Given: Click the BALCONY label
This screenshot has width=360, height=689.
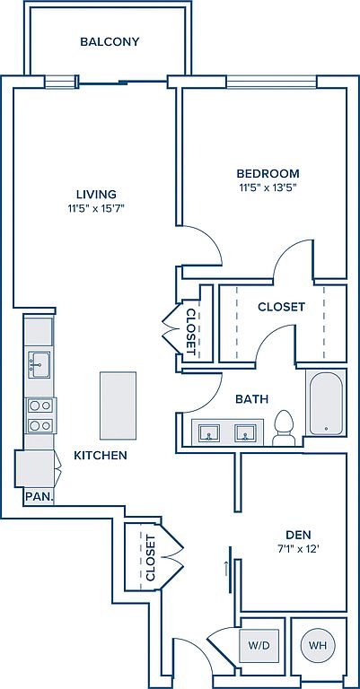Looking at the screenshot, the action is pyautogui.click(x=110, y=42).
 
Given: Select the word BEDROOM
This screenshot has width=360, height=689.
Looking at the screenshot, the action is pyautogui.click(x=268, y=173).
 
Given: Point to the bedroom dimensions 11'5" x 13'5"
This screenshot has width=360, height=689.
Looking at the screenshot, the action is pyautogui.click(x=268, y=188).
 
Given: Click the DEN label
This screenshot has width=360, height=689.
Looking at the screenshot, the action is pyautogui.click(x=298, y=535).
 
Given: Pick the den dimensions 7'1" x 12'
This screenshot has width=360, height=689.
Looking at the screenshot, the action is pyautogui.click(x=298, y=549).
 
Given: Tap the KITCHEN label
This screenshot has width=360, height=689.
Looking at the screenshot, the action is pyautogui.click(x=101, y=455).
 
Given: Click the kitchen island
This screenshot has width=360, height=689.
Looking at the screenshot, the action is pyautogui.click(x=118, y=406).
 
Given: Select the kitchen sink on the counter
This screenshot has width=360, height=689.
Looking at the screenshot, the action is pyautogui.click(x=40, y=365).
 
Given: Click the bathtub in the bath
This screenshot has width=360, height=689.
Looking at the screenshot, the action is pyautogui.click(x=326, y=404).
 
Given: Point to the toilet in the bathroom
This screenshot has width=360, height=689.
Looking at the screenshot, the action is pyautogui.click(x=284, y=429).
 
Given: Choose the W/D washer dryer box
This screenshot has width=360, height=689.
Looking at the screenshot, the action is pyautogui.click(x=259, y=646).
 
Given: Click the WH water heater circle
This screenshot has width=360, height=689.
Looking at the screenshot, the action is pyautogui.click(x=318, y=646).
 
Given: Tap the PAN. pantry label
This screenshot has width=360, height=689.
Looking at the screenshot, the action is pyautogui.click(x=40, y=496).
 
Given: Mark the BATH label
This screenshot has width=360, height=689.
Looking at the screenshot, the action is pyautogui.click(x=252, y=399).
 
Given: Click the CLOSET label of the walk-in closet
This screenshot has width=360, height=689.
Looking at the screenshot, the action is pyautogui.click(x=281, y=307).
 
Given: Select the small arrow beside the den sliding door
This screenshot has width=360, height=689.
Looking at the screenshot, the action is pyautogui.click(x=226, y=568).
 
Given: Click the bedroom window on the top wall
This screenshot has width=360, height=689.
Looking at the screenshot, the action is pyautogui.click(x=271, y=83).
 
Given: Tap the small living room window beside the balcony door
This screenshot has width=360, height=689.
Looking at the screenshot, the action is pyautogui.click(x=60, y=83).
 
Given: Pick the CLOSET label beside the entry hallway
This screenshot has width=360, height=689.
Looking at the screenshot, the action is pyautogui.click(x=150, y=558).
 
